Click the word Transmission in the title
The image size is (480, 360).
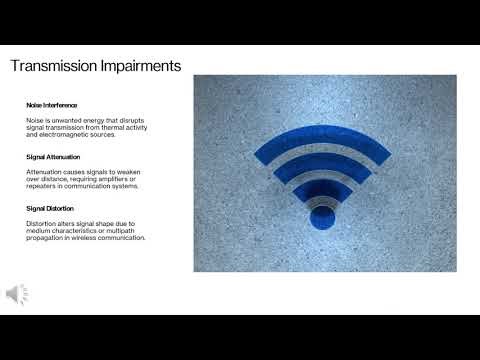click(x=50, y=67)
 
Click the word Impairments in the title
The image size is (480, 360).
click(x=135, y=67)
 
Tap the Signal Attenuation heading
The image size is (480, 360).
click(x=51, y=157)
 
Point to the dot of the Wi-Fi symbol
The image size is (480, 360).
click(x=322, y=215)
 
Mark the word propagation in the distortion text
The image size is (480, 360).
click(x=46, y=237)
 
